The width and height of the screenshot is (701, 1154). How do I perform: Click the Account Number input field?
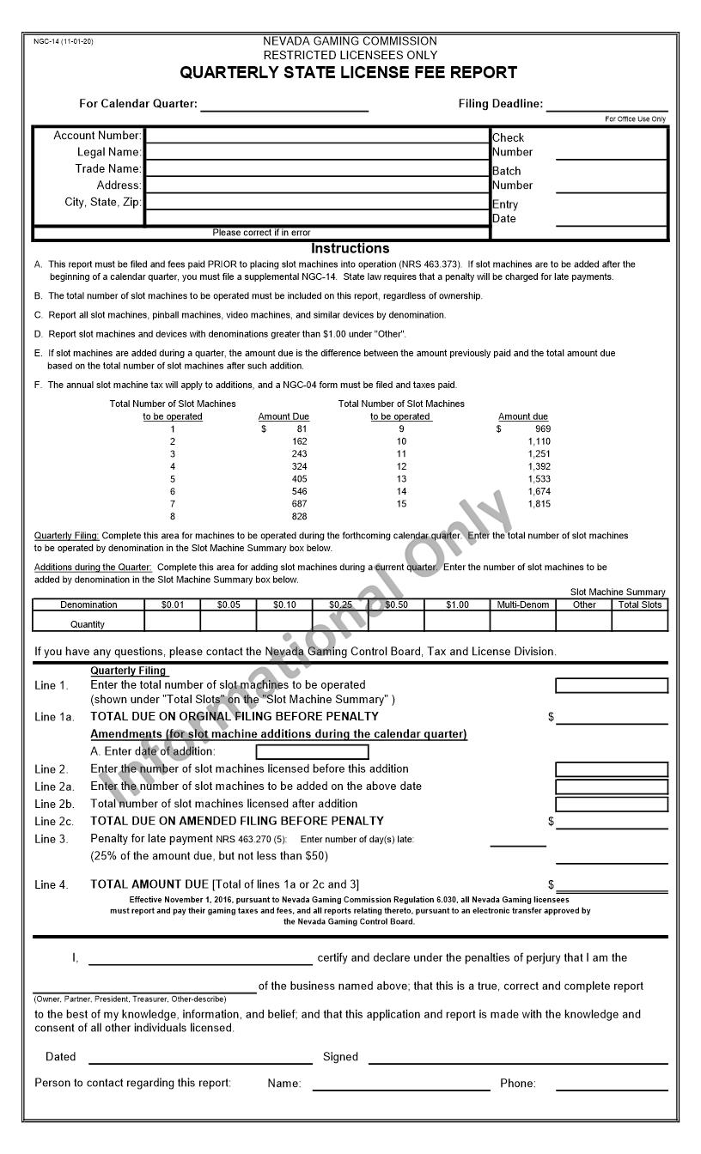[316, 136]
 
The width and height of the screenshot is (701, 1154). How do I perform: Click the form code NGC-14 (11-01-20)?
[64, 41]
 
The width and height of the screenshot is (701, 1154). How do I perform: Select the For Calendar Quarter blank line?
[283, 105]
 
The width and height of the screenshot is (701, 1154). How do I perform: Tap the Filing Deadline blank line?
[607, 105]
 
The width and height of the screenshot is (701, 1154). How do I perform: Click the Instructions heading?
[350, 248]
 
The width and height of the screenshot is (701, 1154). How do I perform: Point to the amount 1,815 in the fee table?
[539, 504]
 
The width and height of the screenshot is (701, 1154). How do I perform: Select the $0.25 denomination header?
[340, 604]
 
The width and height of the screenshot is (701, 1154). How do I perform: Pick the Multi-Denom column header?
[523, 604]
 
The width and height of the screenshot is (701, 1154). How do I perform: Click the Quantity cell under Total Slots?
[640, 622]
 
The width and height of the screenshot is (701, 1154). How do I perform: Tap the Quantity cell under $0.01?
[173, 622]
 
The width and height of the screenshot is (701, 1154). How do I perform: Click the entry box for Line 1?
[611, 685]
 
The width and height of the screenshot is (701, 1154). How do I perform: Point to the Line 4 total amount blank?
[611, 885]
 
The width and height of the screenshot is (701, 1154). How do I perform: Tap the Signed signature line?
[517, 1057]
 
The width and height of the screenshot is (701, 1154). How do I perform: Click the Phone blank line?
[611, 1084]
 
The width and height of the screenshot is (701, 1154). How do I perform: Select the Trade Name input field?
[316, 169]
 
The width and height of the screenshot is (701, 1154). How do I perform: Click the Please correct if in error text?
[261, 233]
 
